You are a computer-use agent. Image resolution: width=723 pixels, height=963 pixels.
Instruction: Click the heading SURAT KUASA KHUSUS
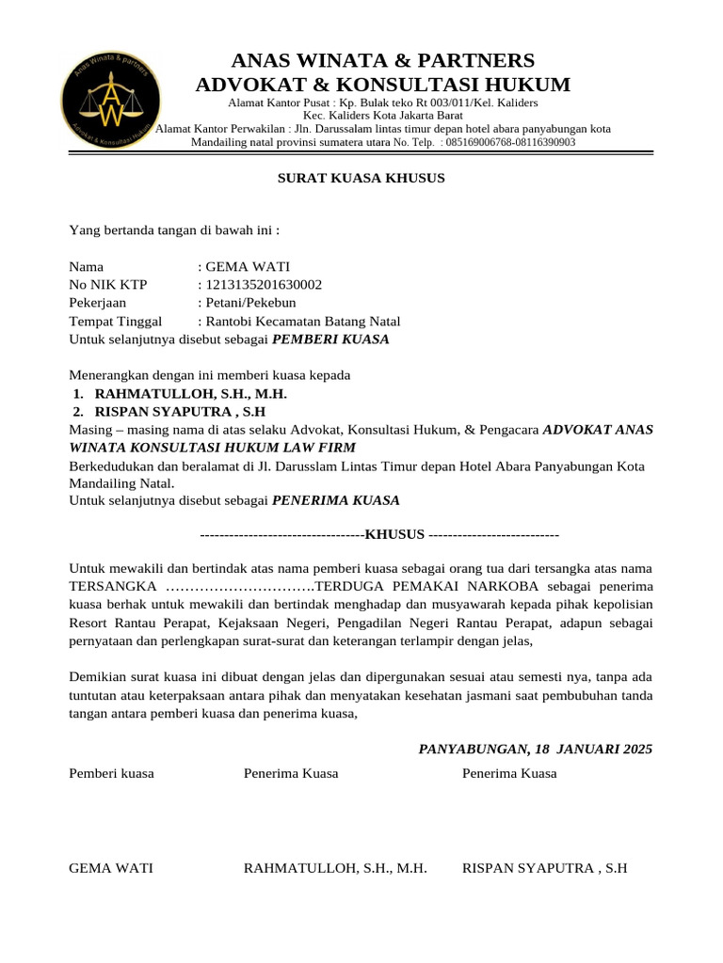pyautogui.click(x=361, y=178)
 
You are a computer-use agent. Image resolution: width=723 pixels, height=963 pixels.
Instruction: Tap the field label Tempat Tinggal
pyautogui.click(x=116, y=321)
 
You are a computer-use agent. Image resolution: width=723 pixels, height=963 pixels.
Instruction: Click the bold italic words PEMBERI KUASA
pyautogui.click(x=331, y=339)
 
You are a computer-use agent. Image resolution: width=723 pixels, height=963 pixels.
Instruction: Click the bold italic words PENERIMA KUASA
pyautogui.click(x=336, y=500)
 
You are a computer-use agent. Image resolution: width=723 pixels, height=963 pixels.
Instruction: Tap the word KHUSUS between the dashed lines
pyautogui.click(x=394, y=535)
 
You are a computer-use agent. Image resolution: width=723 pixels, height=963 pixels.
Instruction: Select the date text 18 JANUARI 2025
pyautogui.click(x=593, y=750)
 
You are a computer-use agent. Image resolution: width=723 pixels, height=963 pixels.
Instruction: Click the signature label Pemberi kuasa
pyautogui.click(x=112, y=774)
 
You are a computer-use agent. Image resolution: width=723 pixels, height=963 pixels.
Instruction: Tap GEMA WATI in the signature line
pyautogui.click(x=112, y=868)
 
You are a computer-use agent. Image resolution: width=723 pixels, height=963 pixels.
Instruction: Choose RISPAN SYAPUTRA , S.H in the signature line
pyautogui.click(x=544, y=868)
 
